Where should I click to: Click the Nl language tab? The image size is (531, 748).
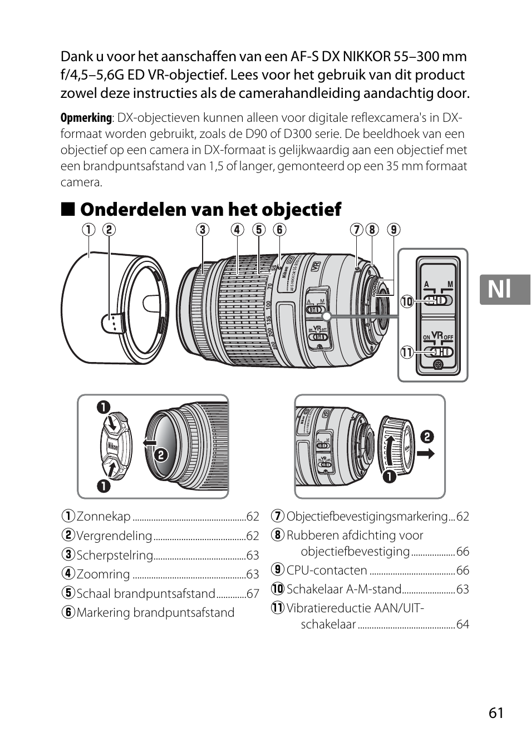point(504,289)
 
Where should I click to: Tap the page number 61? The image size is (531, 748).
point(496,712)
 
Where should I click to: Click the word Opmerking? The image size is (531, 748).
point(86,118)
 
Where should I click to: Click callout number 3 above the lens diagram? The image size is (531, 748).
point(202,230)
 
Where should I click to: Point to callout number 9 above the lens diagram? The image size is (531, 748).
point(394,230)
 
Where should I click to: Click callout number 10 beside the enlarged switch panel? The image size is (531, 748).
point(407,301)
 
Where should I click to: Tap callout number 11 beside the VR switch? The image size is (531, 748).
point(407,352)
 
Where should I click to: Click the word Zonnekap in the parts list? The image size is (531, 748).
point(104,517)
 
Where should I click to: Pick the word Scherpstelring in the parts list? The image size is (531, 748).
point(114,555)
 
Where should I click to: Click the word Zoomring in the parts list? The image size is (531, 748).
point(103,574)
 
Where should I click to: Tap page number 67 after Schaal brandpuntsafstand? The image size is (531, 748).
point(253,594)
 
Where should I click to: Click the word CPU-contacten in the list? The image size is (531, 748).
point(327,571)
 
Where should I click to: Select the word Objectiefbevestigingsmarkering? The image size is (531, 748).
point(367,517)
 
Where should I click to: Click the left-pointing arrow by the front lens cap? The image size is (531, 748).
point(149,443)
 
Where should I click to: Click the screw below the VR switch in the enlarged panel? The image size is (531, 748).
point(437,365)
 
